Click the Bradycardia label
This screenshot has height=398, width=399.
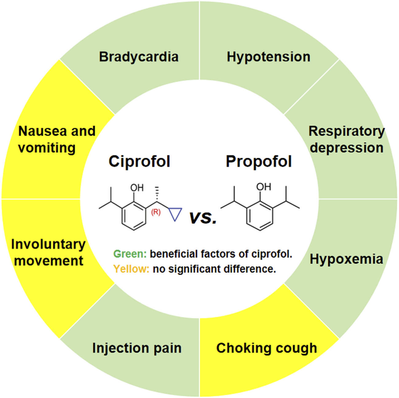pyautogui.click(x=139, y=57)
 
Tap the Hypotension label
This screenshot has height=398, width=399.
pyautogui.click(x=268, y=57)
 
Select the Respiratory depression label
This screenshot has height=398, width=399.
pyautogui.click(x=347, y=139)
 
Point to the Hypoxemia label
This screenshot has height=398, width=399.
pyautogui.click(x=346, y=259)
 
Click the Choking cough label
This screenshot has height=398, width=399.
pyautogui.click(x=267, y=348)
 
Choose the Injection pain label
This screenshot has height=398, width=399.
pyautogui.click(x=137, y=348)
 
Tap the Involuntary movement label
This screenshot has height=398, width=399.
pyautogui.click(x=48, y=252)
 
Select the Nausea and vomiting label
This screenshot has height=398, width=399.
pyautogui.click(x=57, y=139)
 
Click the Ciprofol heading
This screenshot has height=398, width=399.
pyautogui.click(x=139, y=161)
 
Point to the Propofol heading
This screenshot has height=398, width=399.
pyautogui.click(x=259, y=161)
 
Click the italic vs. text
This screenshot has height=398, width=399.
pyautogui.click(x=203, y=217)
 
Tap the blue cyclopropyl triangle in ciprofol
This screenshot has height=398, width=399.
pyautogui.click(x=175, y=213)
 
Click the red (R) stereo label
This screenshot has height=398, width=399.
pyautogui.click(x=156, y=212)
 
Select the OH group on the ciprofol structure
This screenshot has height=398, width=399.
pyautogui.click(x=137, y=188)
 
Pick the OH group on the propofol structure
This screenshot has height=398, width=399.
pyautogui.click(x=263, y=186)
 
